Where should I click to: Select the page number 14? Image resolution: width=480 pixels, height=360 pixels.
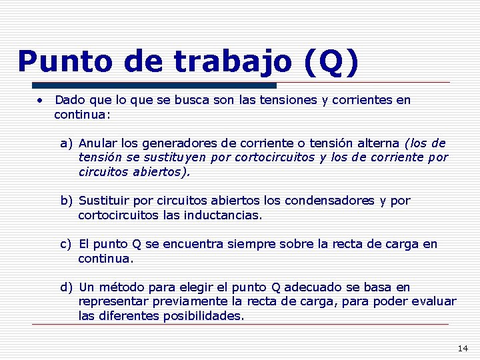[463, 348]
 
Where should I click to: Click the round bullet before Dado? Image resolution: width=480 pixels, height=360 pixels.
[41, 101]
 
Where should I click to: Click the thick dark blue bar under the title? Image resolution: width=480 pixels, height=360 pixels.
[153, 85]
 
